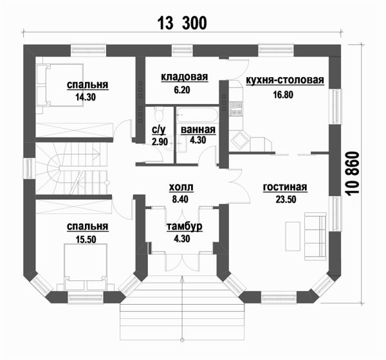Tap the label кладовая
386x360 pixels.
point(185,78)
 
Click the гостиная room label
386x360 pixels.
point(285,188)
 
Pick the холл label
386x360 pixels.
point(180,188)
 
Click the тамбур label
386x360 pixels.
point(185,227)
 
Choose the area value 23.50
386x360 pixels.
point(285,199)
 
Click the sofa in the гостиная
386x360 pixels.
point(315,237)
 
